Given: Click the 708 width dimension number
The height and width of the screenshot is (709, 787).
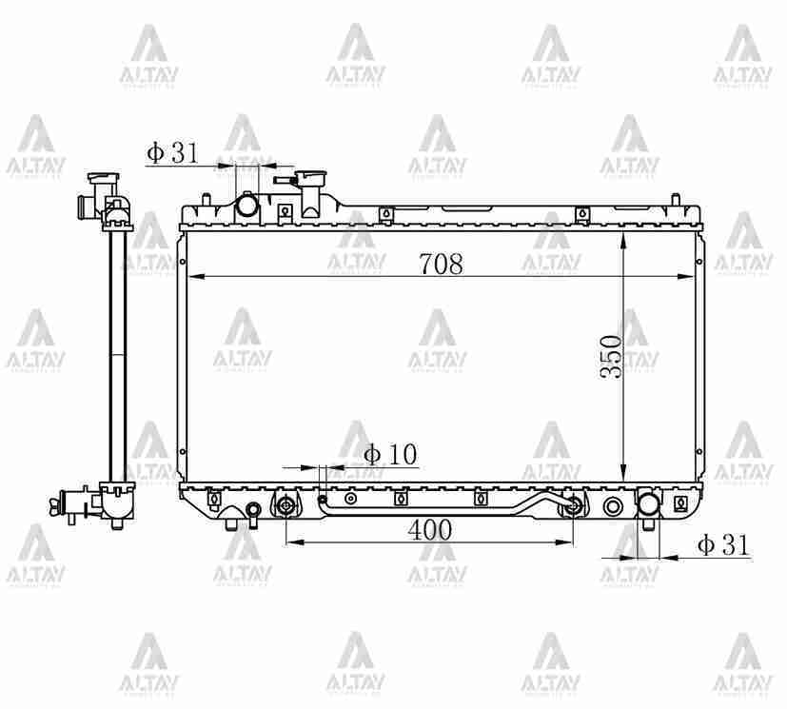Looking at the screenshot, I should pos(441,265).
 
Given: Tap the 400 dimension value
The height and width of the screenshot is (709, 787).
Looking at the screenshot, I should pos(430,531).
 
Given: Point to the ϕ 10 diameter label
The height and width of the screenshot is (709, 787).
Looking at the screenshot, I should pos(390,455).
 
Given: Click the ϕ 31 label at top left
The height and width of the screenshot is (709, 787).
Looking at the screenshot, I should pos(172,152).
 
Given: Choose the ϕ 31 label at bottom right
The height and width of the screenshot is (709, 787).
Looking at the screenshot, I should pos(723,545).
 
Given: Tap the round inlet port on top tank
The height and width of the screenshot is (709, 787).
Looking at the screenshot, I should pos(247,205).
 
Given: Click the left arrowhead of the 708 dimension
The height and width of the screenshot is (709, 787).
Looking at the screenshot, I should pos(194,277).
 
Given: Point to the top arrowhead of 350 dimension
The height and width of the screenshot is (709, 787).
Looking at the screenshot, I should pos(622,239).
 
